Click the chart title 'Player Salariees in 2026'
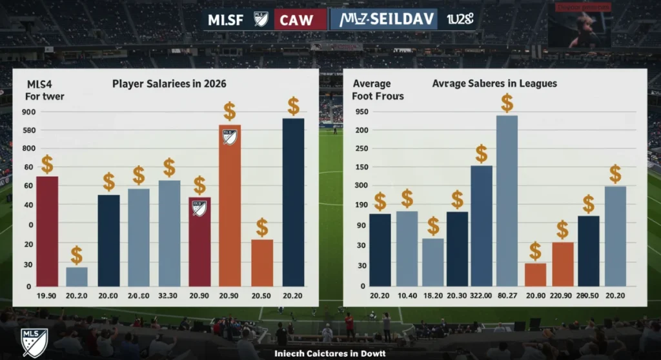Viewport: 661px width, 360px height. click(x=170, y=84)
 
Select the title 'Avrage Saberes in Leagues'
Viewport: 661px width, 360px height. click(x=494, y=84)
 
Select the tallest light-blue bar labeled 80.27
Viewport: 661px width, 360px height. click(x=507, y=201)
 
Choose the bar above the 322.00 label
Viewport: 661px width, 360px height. click(x=481, y=226)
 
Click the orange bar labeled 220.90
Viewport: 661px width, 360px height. click(x=562, y=264)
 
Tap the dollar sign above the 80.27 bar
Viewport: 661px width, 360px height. click(x=507, y=103)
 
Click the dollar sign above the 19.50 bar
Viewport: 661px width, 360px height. click(x=47, y=165)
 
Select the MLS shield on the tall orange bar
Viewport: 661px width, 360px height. click(x=230, y=137)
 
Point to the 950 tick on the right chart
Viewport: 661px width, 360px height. click(x=361, y=112)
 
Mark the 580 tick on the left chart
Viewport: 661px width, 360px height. click(x=28, y=131)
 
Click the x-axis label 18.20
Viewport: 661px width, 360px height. click(x=432, y=295)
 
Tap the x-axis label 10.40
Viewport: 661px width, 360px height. click(x=407, y=295)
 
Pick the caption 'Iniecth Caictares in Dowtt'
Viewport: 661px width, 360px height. click(x=329, y=354)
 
